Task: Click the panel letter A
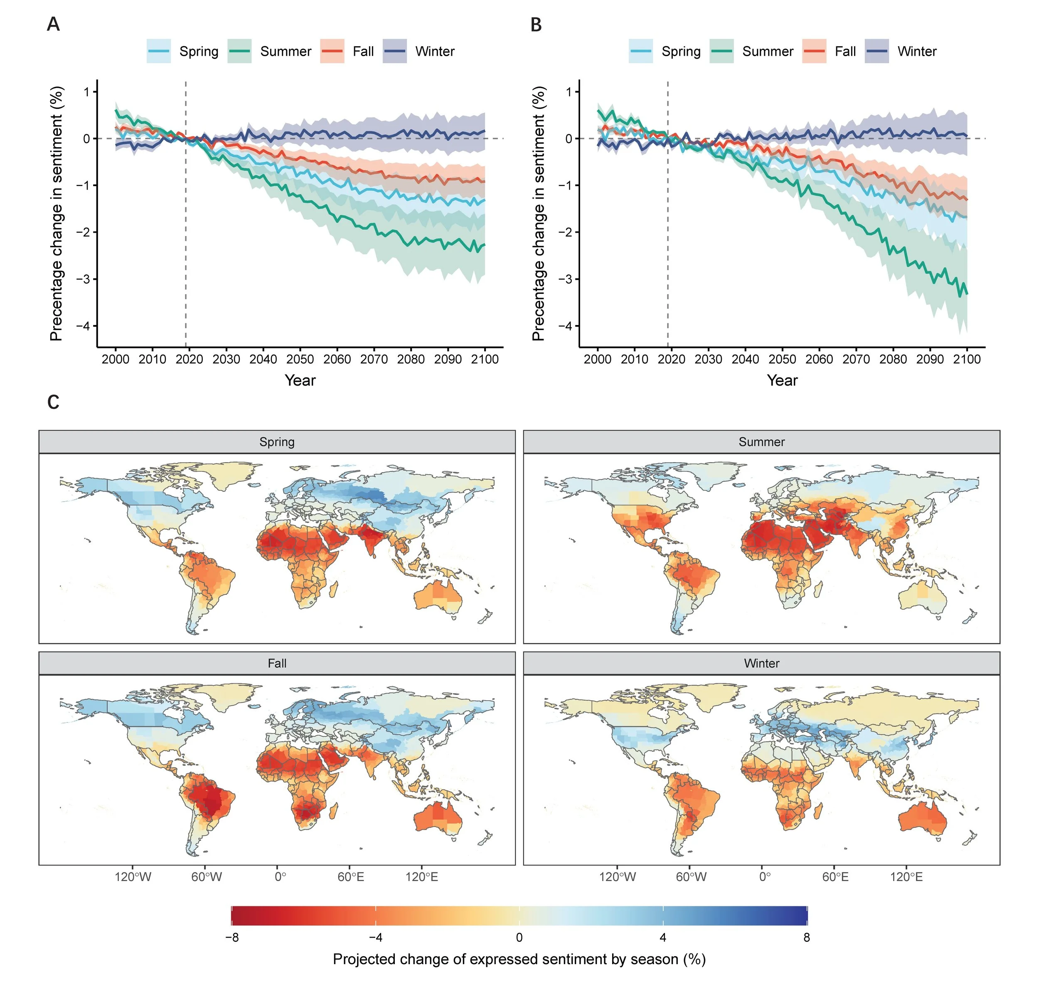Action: (53, 25)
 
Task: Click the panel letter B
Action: (536, 25)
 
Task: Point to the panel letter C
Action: (53, 402)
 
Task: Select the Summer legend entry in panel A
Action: (285, 52)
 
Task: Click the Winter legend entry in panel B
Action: (916, 52)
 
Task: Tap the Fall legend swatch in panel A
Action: (332, 52)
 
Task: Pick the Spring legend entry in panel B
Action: (681, 52)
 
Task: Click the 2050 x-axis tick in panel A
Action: (300, 359)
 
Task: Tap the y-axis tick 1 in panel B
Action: (569, 92)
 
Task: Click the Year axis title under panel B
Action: (782, 380)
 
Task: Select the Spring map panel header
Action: (277, 442)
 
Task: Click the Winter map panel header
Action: (761, 663)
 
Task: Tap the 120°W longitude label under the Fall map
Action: (133, 877)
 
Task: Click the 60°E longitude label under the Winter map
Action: (835, 877)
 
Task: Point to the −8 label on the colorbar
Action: (232, 937)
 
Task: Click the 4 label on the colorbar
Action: (663, 937)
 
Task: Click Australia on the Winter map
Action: (922, 821)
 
